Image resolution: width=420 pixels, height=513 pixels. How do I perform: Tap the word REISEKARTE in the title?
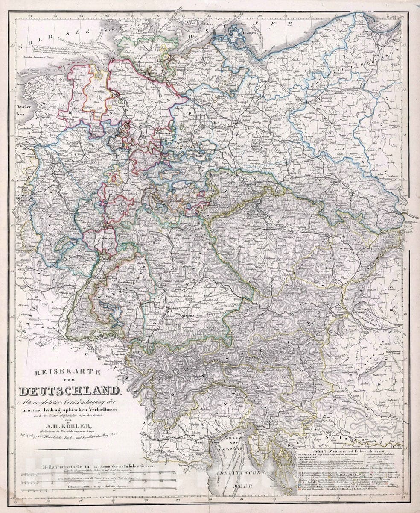67,372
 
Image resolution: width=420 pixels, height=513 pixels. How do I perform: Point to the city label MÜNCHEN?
187,316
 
